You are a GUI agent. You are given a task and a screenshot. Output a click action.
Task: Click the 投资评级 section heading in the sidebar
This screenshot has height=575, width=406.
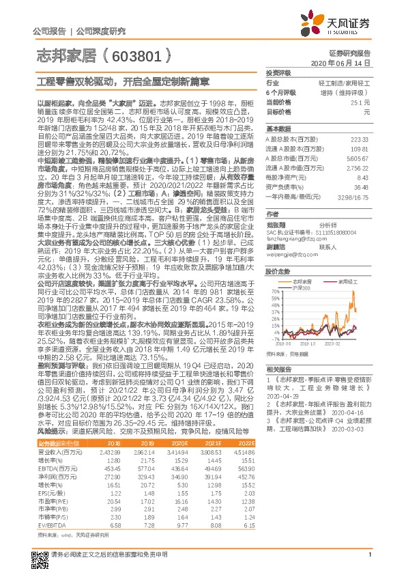point(278,72)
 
